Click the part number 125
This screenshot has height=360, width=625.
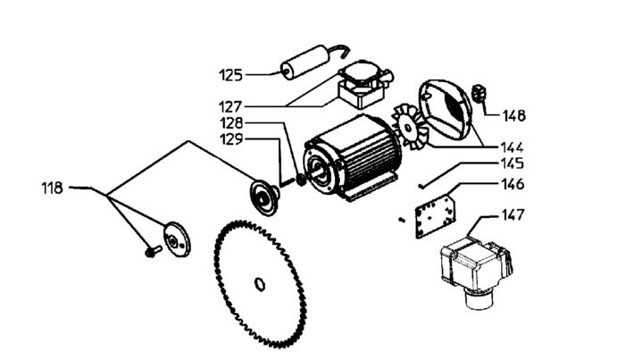[x=232, y=72]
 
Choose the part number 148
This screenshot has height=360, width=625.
[x=513, y=115]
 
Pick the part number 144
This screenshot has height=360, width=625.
[x=512, y=147]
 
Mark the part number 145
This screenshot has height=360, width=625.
[x=512, y=164]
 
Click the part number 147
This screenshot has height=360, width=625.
[x=512, y=215]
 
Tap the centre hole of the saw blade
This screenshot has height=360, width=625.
[x=260, y=285]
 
